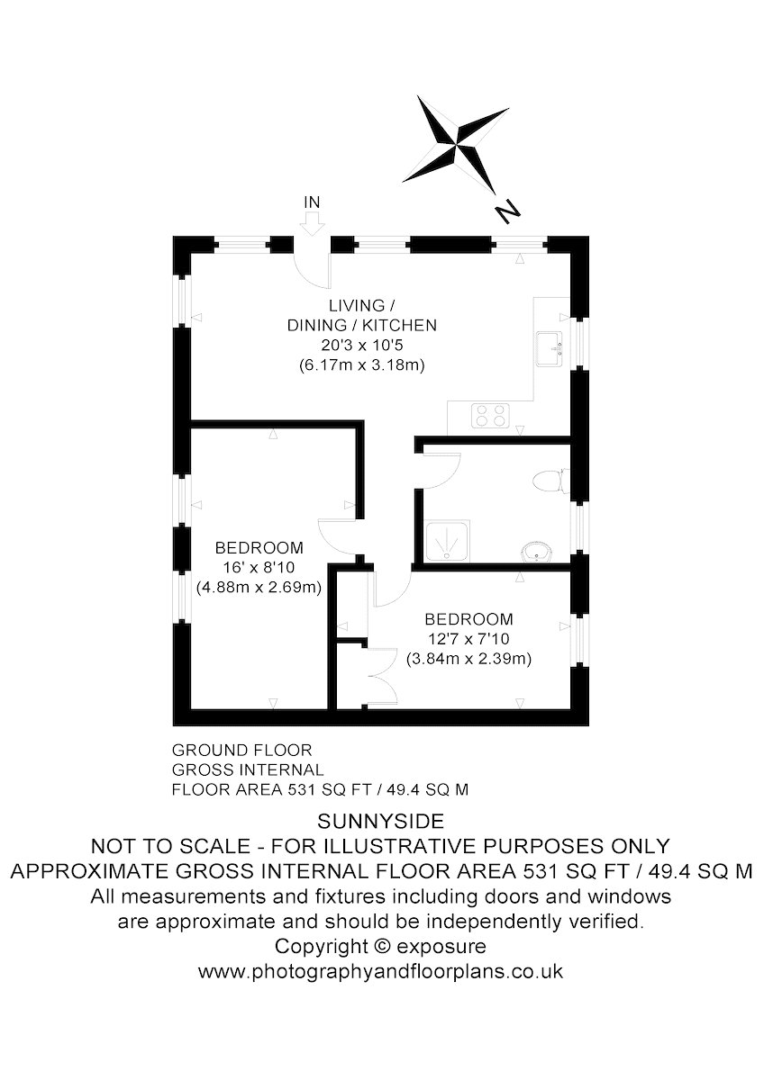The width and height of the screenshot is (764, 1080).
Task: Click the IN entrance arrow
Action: (313, 224)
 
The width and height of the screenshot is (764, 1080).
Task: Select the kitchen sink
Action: (550, 348)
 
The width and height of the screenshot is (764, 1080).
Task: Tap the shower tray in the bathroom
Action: (447, 541)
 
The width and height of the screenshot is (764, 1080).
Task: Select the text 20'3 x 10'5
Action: (362, 346)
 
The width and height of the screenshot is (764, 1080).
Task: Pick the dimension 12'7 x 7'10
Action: (468, 639)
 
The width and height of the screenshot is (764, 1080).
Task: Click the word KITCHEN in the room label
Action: (399, 326)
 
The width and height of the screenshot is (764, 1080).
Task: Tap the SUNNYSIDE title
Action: (381, 821)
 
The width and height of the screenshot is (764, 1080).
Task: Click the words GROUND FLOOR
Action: (242, 751)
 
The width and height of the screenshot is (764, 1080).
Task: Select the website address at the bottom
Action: (381, 970)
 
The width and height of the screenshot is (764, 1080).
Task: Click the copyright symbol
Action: (381, 946)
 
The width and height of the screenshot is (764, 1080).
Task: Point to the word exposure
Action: (441, 948)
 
